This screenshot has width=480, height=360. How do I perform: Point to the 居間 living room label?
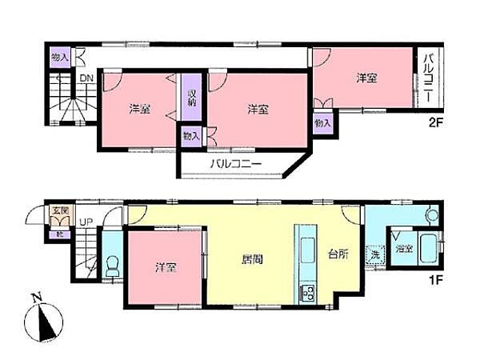click(253, 259)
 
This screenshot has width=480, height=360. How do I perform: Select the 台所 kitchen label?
click(338, 254)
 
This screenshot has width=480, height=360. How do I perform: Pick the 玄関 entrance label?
click(60, 212)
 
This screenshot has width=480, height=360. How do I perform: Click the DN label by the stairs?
click(85, 78)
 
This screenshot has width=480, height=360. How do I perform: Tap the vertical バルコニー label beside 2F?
click(428, 77)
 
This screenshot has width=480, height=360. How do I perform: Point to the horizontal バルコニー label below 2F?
click(236, 162)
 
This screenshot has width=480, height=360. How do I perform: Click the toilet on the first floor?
click(112, 263)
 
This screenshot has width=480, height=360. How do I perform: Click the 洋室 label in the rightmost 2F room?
click(366, 78)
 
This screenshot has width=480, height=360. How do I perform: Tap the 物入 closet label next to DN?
click(58, 57)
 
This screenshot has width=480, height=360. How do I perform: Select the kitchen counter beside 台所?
click(306, 264)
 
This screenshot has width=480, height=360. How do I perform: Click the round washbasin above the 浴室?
click(432, 215)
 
